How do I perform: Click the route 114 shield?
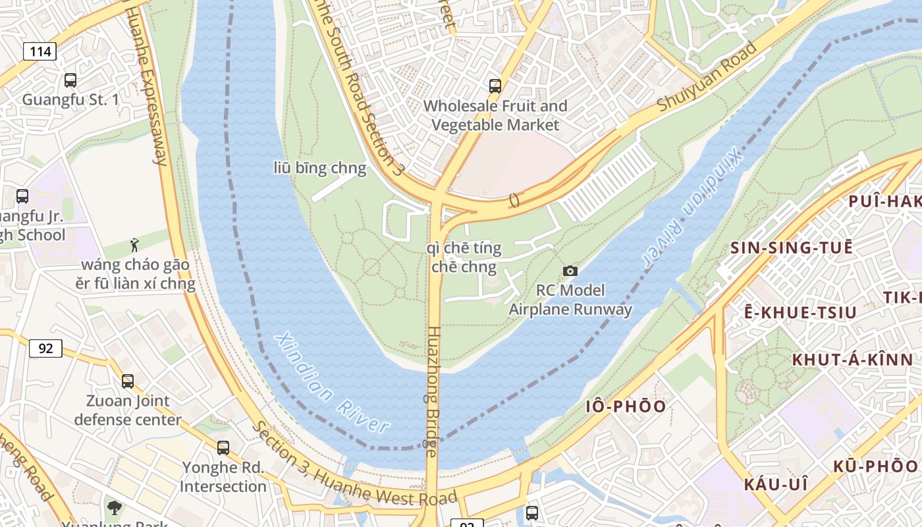pyautogui.click(x=40, y=51)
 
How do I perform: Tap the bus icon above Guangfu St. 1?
pyautogui.click(x=70, y=80)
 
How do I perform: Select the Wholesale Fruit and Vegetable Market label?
pyautogui.click(x=495, y=115)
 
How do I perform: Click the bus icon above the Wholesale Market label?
pyautogui.click(x=495, y=86)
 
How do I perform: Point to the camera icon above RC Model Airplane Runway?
pyautogui.click(x=570, y=271)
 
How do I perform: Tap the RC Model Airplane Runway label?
pyautogui.click(x=570, y=300)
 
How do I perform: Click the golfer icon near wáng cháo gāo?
pyautogui.click(x=135, y=245)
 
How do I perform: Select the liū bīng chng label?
pyautogui.click(x=319, y=168)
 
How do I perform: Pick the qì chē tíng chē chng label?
pyautogui.click(x=464, y=258)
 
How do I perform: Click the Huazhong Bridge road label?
pyautogui.click(x=433, y=391)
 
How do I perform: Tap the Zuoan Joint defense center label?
pyautogui.click(x=128, y=410)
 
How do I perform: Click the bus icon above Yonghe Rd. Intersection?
pyautogui.click(x=223, y=448)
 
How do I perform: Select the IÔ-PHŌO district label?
pyautogui.click(x=626, y=406)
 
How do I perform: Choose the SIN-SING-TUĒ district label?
pyautogui.click(x=791, y=248)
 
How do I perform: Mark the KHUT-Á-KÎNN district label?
pyautogui.click(x=852, y=360)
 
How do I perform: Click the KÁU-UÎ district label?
pyautogui.click(x=776, y=485)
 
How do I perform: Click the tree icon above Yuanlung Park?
pyautogui.click(x=115, y=507)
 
